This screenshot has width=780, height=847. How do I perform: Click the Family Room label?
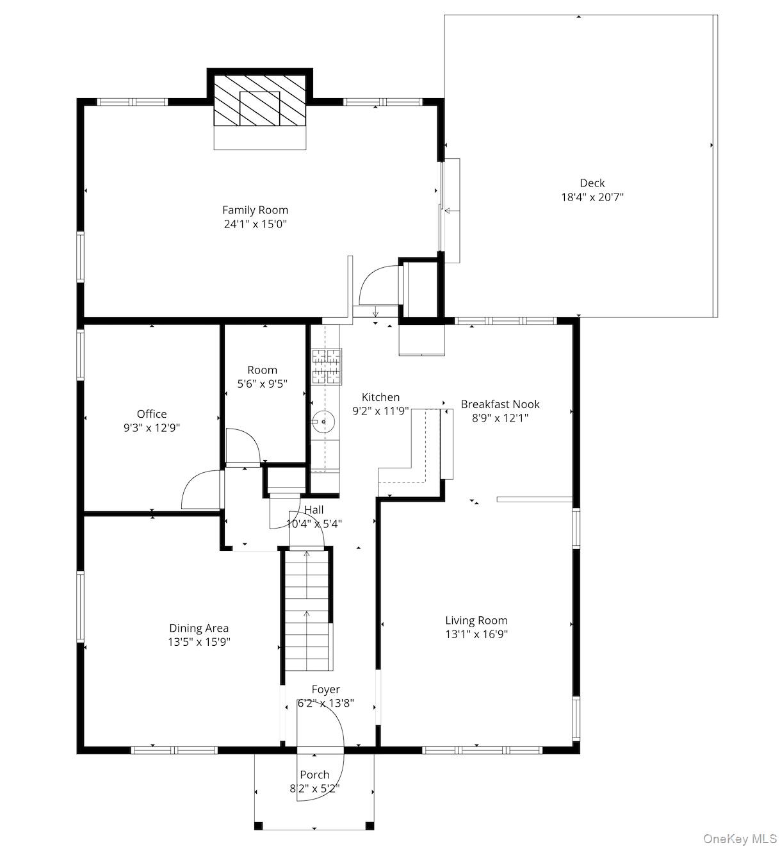click(255, 210)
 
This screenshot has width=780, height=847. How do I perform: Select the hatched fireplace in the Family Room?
click(259, 101)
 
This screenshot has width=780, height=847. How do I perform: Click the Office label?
click(152, 414)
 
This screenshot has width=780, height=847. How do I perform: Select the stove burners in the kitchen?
click(327, 366)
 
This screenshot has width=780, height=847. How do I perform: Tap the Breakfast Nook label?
click(500, 404)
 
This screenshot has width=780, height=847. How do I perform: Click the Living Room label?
click(476, 620)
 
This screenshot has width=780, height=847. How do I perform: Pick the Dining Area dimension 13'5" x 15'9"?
click(199, 642)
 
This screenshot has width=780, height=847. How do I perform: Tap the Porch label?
click(314, 775)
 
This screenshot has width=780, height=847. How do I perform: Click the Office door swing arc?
click(200, 488)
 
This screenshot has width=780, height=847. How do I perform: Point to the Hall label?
click(314, 510)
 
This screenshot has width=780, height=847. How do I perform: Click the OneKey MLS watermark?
click(740, 839)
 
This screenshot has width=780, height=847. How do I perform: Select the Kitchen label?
click(380, 397)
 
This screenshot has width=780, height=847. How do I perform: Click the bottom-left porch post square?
click(259, 825)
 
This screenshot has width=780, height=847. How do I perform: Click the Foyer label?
click(326, 689)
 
